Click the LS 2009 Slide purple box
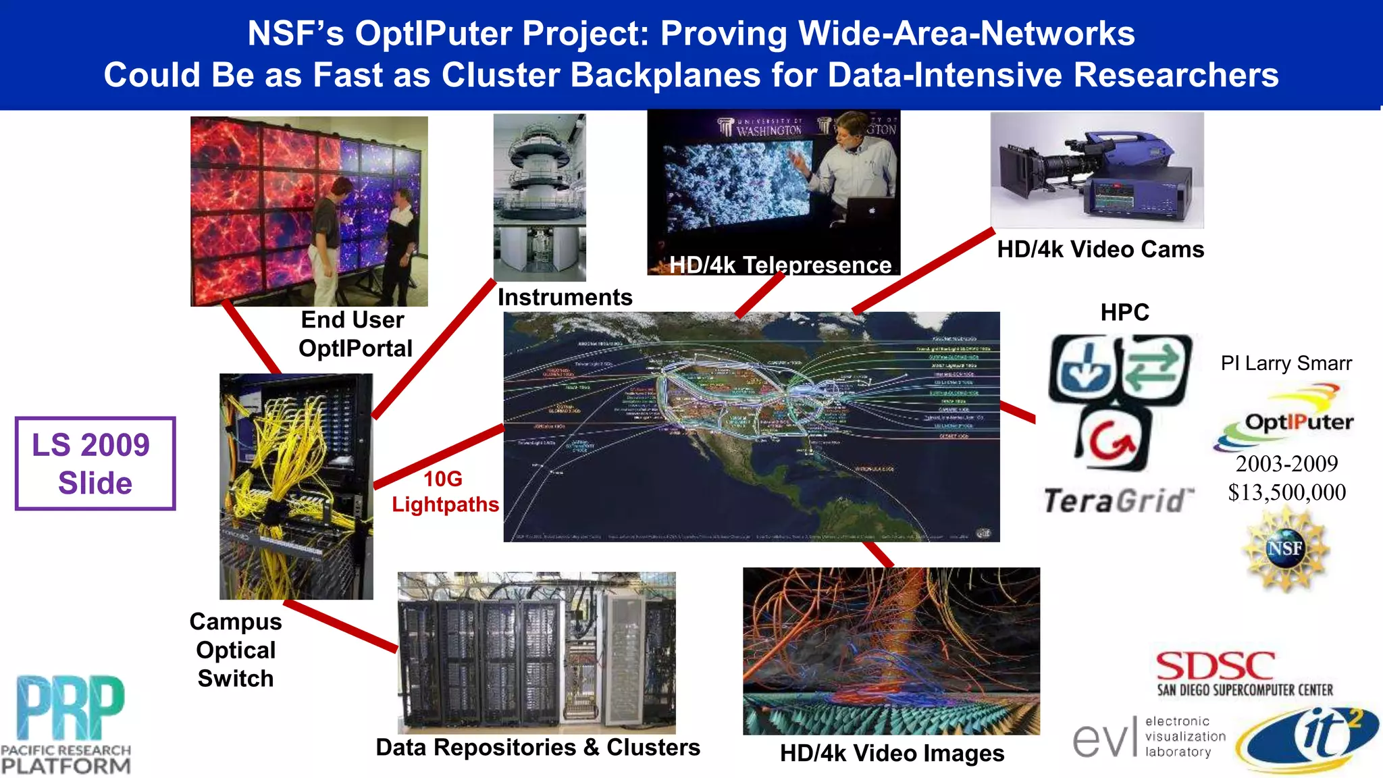(x=95, y=463)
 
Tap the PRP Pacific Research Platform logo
(x=66, y=724)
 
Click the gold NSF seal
(x=1286, y=549)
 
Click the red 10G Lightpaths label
(x=444, y=492)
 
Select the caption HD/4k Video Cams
(x=1100, y=249)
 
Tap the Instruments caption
(x=565, y=297)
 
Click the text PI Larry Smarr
(x=1286, y=363)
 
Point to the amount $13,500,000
(x=1286, y=492)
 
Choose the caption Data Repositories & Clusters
(x=538, y=748)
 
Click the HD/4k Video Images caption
(x=891, y=753)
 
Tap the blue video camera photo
(x=1097, y=171)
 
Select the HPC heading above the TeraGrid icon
(x=1124, y=313)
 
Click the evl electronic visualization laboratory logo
(x=1149, y=737)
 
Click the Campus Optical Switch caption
(x=236, y=650)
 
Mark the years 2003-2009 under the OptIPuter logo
(x=1286, y=463)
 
